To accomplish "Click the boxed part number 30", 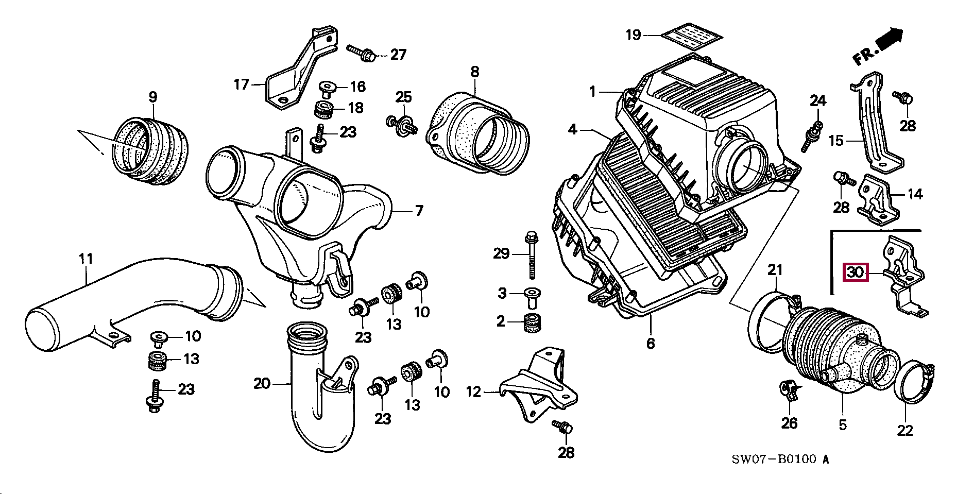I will pyautogui.click(x=855, y=271).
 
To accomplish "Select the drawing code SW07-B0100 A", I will pyautogui.click(x=780, y=459).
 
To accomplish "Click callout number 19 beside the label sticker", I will pyautogui.click(x=633, y=35).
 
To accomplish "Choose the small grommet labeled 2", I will pyautogui.click(x=530, y=323).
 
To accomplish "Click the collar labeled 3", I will pyautogui.click(x=531, y=294).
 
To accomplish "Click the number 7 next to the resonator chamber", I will pyautogui.click(x=419, y=211).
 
